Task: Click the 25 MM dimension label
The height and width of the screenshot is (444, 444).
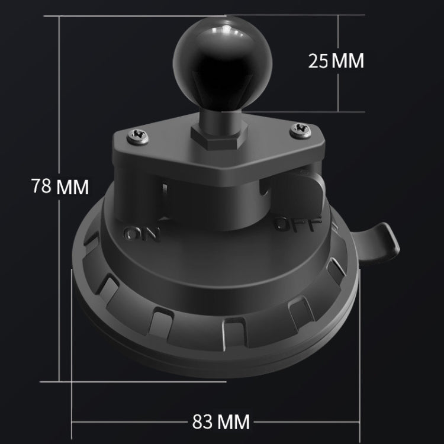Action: click(336, 60)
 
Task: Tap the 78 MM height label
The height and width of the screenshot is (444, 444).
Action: click(59, 186)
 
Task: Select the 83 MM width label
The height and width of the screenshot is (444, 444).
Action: click(221, 422)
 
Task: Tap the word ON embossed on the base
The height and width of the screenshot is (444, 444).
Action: click(143, 234)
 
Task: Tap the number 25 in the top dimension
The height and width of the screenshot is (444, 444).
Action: click(318, 60)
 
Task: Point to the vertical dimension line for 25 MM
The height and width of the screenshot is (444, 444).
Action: click(338, 89)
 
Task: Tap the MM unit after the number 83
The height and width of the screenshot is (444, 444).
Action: click(234, 422)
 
